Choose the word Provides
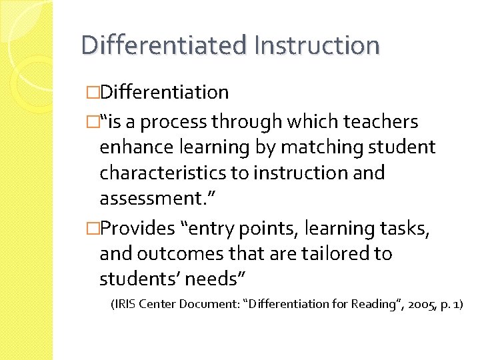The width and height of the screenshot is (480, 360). [137, 229]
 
